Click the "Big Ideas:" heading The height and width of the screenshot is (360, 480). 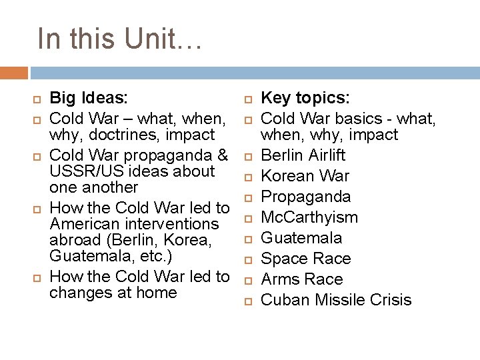(89, 99)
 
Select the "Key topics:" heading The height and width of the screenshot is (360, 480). (305, 99)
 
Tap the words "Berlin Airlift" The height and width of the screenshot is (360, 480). (303, 155)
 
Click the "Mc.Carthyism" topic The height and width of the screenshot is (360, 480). (309, 217)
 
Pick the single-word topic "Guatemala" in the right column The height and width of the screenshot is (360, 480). (301, 238)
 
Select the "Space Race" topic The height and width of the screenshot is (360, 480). (305, 259)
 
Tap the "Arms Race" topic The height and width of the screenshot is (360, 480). (301, 279)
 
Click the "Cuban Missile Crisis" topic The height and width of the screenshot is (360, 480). (336, 300)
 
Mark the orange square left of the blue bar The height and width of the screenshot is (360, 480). (14, 73)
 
